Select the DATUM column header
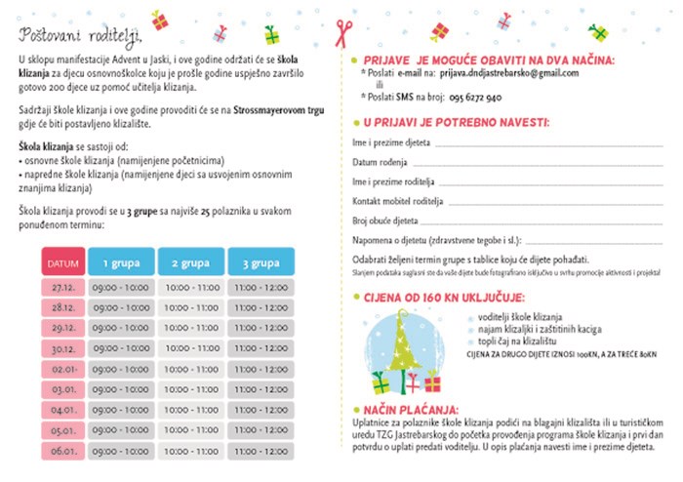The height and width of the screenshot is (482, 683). [x=62, y=263]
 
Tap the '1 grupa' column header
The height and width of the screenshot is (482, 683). [x=120, y=263]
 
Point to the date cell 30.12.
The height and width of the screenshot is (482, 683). [x=63, y=349]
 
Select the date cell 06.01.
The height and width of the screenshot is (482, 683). [x=63, y=451]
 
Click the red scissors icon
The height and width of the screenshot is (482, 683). [x=341, y=31]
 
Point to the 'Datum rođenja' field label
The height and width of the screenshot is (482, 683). [x=371, y=162]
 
